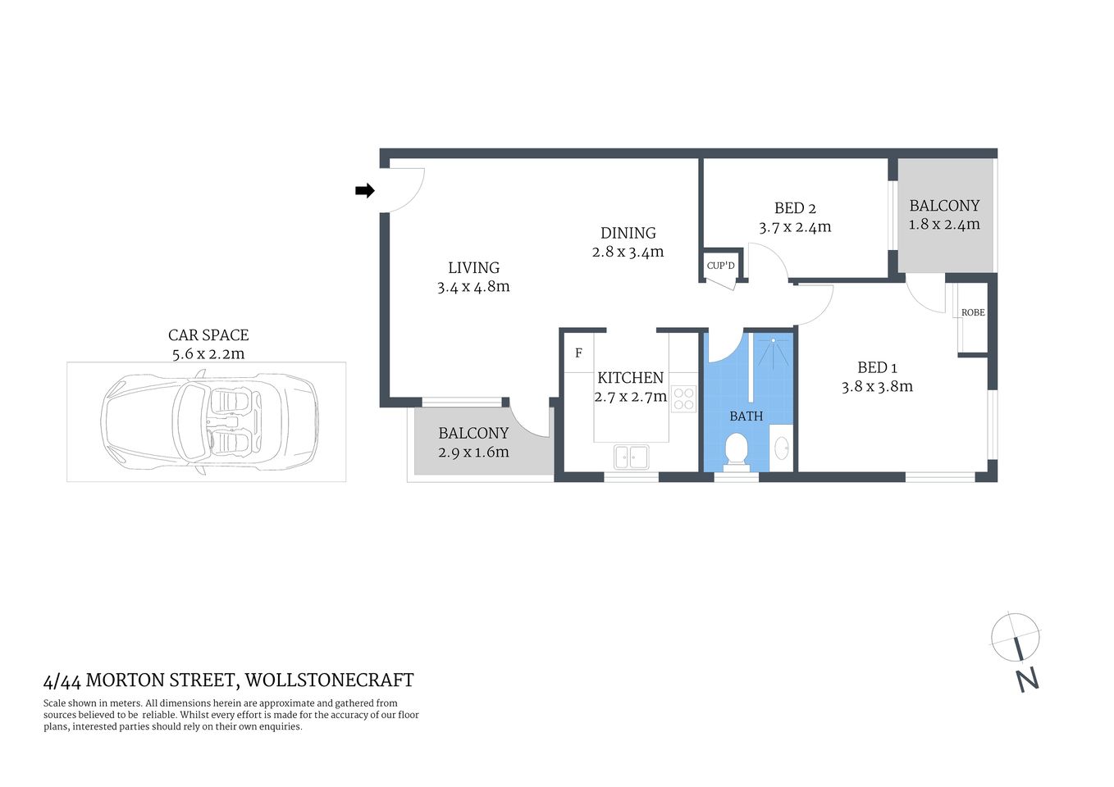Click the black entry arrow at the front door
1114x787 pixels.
coord(364,191)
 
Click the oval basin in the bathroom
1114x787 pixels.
coord(782,448)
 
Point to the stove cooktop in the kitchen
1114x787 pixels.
coord(683,399)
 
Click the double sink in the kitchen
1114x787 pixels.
coord(631,457)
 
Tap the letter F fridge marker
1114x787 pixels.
coord(578,353)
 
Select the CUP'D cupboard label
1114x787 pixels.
coord(721,266)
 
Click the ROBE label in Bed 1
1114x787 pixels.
coord(973,312)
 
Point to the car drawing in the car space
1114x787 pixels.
coord(209,421)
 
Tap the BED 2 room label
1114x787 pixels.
coord(795,208)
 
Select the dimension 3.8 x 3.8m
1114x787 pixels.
coord(877,386)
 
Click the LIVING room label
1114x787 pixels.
coord(473,267)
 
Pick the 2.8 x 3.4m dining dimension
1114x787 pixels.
coord(628,252)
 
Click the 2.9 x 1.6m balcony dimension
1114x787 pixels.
coord(473,452)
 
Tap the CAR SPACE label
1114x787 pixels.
coord(208,334)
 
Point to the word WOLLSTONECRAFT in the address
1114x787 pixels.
coord(330,680)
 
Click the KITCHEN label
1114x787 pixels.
coord(630,378)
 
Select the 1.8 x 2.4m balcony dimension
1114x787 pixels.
coord(944,224)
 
